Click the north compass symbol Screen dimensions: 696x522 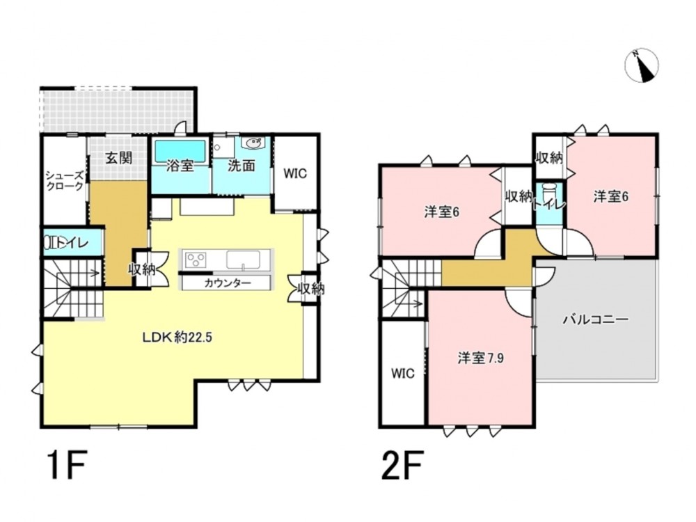(642, 66)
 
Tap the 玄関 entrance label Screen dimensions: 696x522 (119, 157)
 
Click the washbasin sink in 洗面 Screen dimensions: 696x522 (253, 143)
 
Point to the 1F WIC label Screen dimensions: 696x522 (295, 173)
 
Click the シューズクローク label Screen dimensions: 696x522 (65, 181)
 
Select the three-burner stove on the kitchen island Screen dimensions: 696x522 (196, 259)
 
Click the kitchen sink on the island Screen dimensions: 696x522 (243, 260)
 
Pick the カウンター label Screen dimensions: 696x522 (228, 283)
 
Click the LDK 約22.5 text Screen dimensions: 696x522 (177, 338)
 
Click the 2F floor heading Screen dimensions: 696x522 (402, 464)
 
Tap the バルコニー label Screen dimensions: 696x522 (596, 319)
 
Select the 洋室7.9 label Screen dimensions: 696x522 (481, 358)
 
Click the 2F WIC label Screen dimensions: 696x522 (403, 373)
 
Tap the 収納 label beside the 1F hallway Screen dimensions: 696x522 (142, 269)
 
